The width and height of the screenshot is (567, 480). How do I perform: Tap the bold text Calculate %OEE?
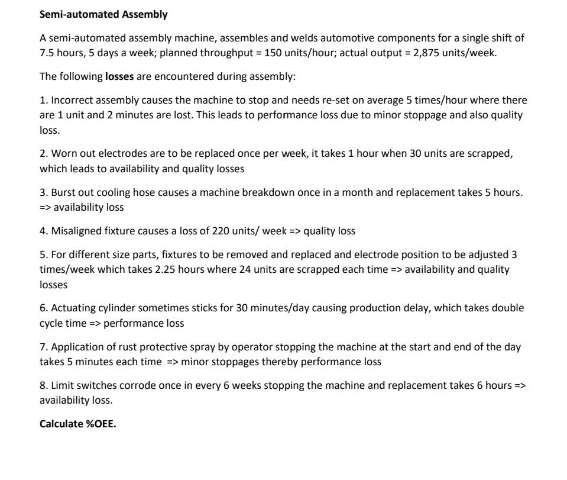pos(78,423)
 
